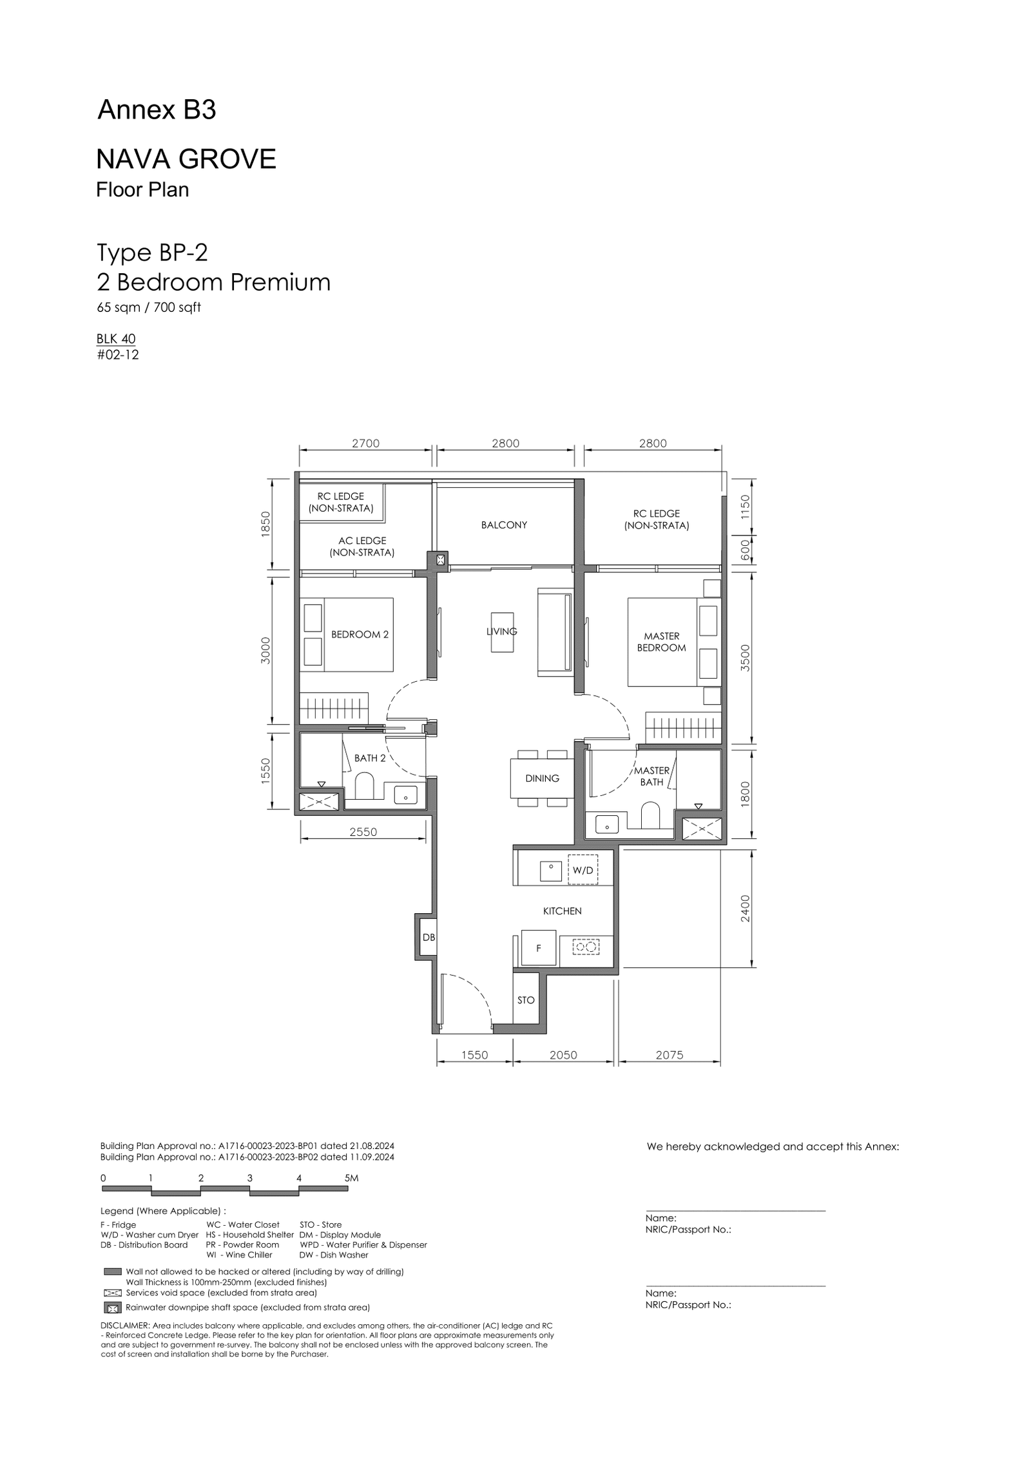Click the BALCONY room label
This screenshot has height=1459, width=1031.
(504, 525)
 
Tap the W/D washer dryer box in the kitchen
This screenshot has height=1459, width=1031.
(583, 870)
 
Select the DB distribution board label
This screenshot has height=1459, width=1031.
(429, 938)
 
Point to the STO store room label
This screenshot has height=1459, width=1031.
(526, 1000)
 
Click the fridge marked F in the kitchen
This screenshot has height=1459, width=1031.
(538, 947)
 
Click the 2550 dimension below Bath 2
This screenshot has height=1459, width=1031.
(363, 832)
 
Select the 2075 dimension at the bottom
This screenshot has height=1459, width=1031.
(670, 1055)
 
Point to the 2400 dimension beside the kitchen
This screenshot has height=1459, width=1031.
(745, 908)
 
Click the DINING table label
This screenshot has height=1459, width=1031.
(542, 778)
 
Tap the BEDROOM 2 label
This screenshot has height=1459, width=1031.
(360, 635)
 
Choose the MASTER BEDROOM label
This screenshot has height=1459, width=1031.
(662, 642)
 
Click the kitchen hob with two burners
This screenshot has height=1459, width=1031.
(586, 947)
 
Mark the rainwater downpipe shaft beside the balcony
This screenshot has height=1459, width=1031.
(441, 560)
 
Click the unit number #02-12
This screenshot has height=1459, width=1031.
(118, 354)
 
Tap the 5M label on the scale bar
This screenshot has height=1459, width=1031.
(351, 1178)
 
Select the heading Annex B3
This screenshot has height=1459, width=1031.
(157, 110)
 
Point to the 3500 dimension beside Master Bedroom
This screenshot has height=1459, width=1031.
(745, 658)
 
